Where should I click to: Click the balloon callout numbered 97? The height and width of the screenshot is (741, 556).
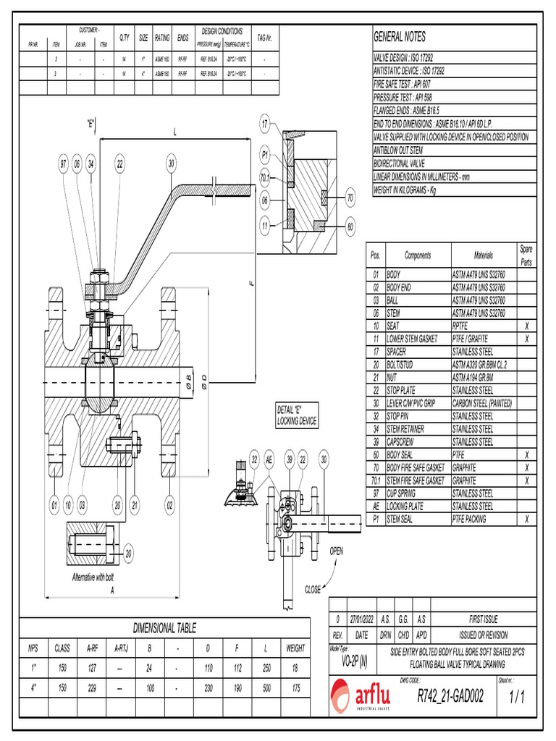point(63,165)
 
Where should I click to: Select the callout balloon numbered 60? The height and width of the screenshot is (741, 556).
point(350,226)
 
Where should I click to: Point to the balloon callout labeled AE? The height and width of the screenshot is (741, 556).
point(269,459)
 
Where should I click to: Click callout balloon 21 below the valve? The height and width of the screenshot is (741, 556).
point(135,504)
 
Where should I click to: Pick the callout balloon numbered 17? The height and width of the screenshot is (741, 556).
point(266,124)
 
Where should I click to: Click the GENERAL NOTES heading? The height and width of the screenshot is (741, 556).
point(399,37)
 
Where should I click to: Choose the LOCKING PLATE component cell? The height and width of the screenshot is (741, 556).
point(410,507)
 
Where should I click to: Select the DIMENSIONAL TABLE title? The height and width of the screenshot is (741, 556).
point(164,628)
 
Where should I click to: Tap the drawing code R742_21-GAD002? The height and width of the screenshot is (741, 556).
point(451,697)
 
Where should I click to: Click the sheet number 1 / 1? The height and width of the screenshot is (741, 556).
point(515,698)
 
